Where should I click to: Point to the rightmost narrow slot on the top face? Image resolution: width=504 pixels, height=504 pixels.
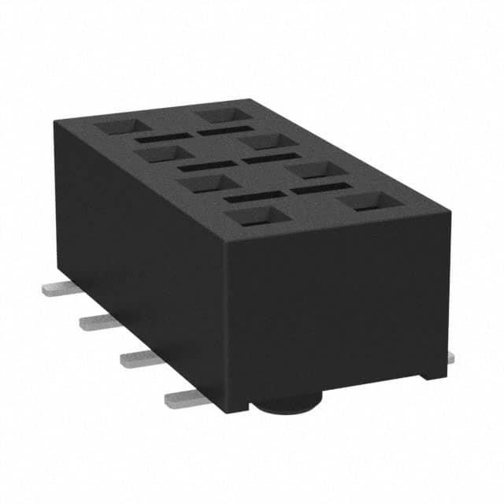pos(321,189)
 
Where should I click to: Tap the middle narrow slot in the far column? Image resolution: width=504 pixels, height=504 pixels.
pos(272,159)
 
